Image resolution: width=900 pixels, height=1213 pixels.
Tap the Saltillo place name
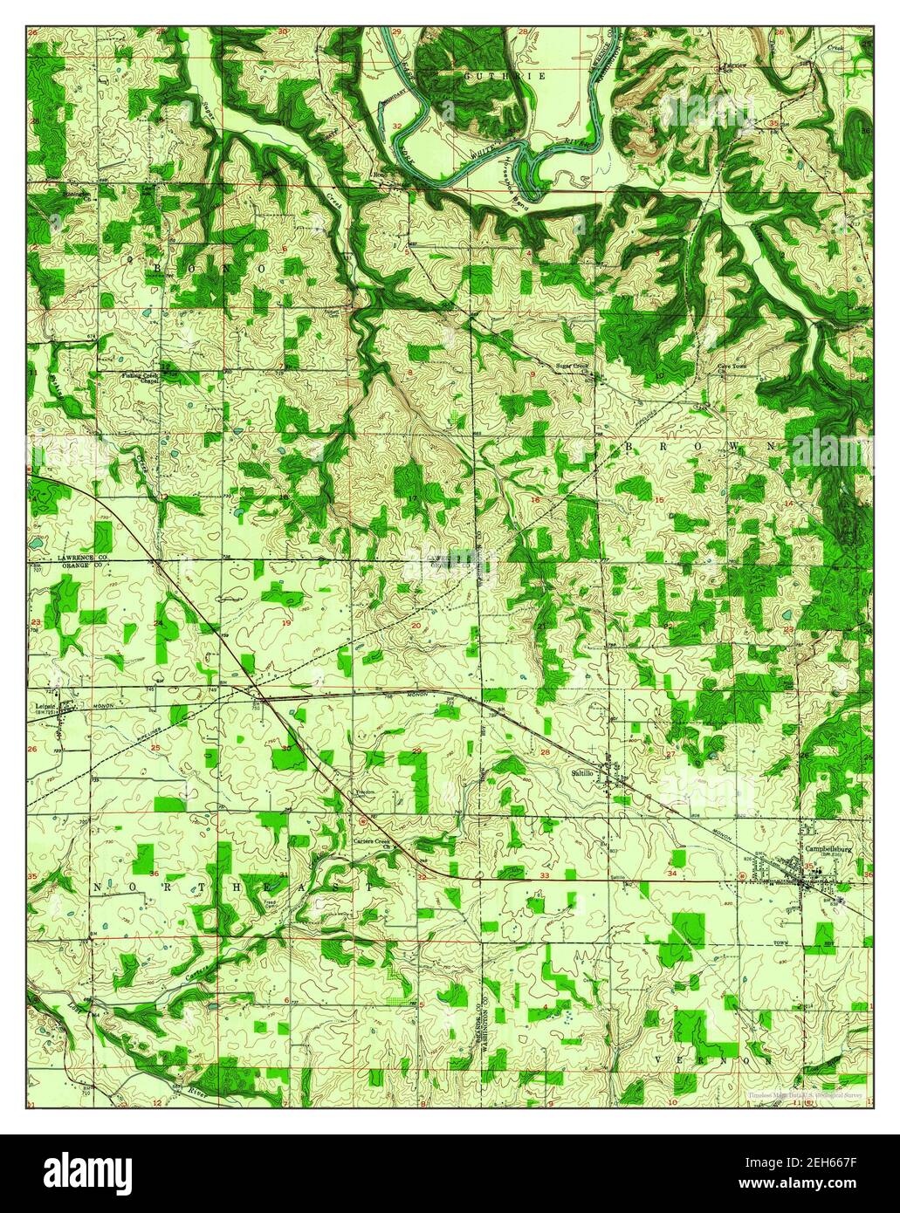[582, 772]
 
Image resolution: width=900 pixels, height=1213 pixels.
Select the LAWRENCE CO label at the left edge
[58, 556]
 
